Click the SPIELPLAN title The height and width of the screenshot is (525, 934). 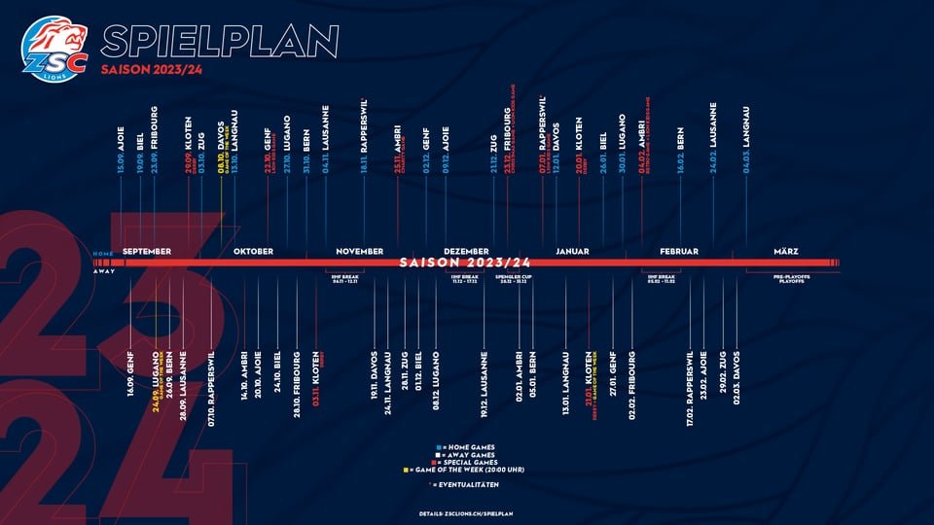[x=220, y=41]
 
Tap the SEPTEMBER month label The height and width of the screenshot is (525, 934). [x=148, y=251]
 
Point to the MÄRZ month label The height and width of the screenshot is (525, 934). [x=785, y=251]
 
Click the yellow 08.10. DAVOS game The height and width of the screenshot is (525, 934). [x=222, y=151]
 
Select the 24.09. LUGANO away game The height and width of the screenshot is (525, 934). [x=156, y=386]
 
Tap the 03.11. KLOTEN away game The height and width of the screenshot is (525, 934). [x=315, y=385]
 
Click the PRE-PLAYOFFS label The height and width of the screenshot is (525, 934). [x=791, y=277]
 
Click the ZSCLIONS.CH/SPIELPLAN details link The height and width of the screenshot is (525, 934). [x=467, y=510]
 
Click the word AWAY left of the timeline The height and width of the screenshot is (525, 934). [x=104, y=271]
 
